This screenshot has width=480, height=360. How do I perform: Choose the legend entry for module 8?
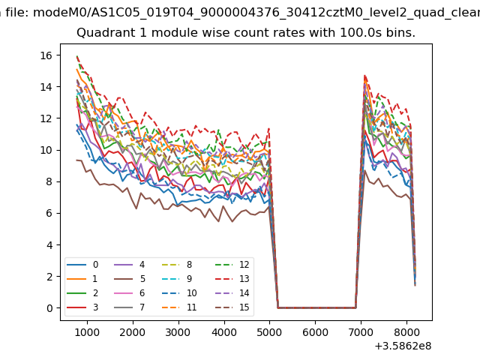click(180, 265)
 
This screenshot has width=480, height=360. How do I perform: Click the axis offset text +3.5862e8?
click(403, 346)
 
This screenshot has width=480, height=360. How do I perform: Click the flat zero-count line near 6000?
click(315, 307)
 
